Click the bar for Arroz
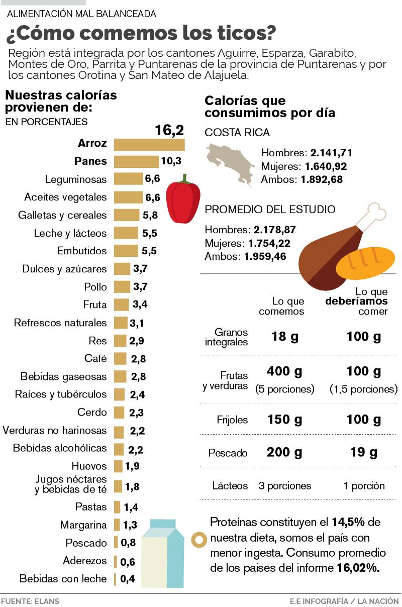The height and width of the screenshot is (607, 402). click(149, 145)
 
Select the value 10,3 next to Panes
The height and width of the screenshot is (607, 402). click(171, 161)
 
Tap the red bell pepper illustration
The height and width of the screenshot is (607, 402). click(183, 200)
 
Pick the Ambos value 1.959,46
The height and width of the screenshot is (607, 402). click(265, 257)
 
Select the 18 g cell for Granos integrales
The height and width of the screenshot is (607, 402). click(285, 337)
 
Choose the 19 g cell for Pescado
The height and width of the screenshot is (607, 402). click(364, 453)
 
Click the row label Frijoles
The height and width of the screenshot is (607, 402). click(232, 420)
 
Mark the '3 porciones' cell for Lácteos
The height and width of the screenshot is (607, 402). click(285, 486)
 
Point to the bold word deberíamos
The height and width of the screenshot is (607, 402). click(357, 301)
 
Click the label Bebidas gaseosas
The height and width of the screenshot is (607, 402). click(64, 376)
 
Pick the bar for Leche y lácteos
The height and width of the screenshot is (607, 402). click(126, 233)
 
